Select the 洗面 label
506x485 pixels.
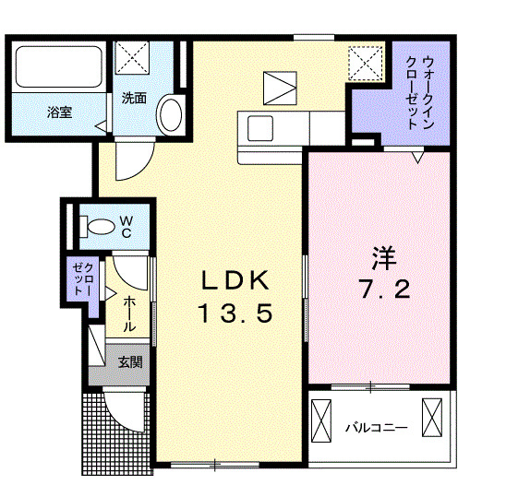click(134, 98)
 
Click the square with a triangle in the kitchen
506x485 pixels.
click(277, 88)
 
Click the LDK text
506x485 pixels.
click(233, 279)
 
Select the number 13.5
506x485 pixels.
click(233, 314)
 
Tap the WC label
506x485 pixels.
click(126, 226)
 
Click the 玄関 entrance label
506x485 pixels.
click(128, 361)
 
